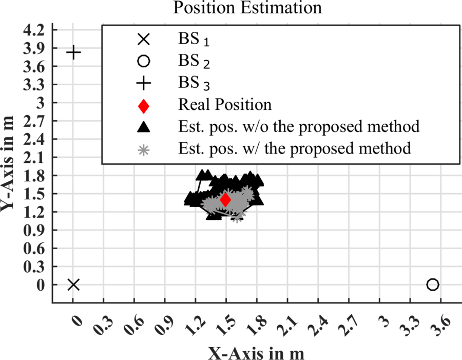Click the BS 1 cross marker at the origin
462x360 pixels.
pos(73,285)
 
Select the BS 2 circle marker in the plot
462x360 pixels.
pos(433,285)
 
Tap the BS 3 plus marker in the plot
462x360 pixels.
pos(73,52)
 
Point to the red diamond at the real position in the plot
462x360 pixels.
pos(225,200)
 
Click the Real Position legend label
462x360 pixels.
pos(225,105)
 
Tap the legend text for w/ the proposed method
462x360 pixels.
pos(295,148)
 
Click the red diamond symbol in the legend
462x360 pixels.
pos(144,106)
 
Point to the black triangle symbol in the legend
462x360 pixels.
pos(144,127)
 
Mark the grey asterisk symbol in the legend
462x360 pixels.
pos(144,149)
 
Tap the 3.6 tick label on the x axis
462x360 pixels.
pos(441,325)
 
